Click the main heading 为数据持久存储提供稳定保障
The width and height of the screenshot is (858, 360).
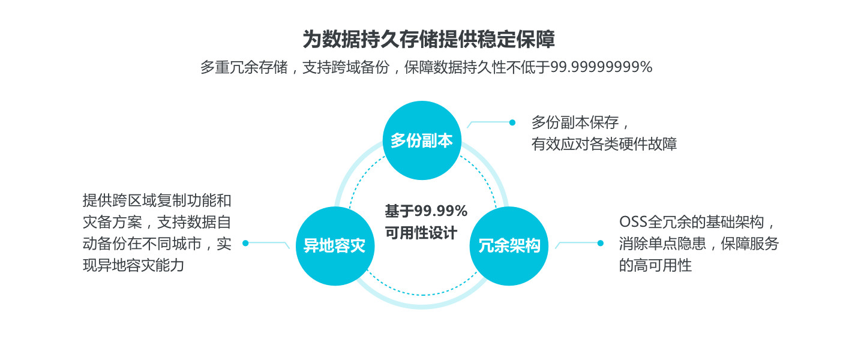[428, 40]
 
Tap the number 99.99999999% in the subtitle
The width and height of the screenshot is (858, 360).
[601, 67]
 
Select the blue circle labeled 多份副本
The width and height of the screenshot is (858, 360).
[422, 140]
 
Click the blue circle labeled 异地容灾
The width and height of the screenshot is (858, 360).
[335, 245]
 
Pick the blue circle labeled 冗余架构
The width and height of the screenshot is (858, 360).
[509, 245]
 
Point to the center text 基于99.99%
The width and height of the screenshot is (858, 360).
[426, 211]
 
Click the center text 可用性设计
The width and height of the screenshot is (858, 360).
[421, 233]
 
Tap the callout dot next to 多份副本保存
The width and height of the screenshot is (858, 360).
[512, 122]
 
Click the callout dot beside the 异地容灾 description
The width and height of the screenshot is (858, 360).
[245, 243]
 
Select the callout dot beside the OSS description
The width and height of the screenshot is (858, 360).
[600, 243]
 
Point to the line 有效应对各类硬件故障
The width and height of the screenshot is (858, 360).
[604, 145]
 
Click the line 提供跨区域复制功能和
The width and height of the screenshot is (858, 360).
[157, 200]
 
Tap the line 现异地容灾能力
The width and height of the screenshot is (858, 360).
[133, 265]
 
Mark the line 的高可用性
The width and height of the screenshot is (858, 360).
[655, 265]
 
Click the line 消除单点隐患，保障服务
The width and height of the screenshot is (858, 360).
[698, 244]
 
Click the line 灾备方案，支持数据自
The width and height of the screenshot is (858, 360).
[157, 222]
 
